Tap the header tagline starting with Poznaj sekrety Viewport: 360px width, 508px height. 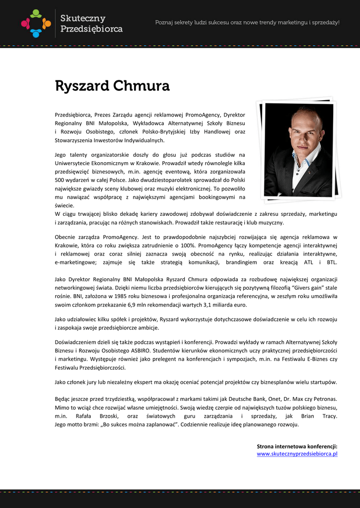247,22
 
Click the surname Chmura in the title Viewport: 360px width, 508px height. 142,86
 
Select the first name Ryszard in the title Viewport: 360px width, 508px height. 82,86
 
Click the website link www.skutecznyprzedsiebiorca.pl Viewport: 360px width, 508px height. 297,453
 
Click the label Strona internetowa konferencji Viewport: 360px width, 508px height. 297,446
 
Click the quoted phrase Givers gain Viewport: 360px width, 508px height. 302,287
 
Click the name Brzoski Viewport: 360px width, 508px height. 110,416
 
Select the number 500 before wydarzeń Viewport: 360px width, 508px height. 60,180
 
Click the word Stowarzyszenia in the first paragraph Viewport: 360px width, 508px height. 75,140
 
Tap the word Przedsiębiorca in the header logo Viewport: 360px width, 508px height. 91,29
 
